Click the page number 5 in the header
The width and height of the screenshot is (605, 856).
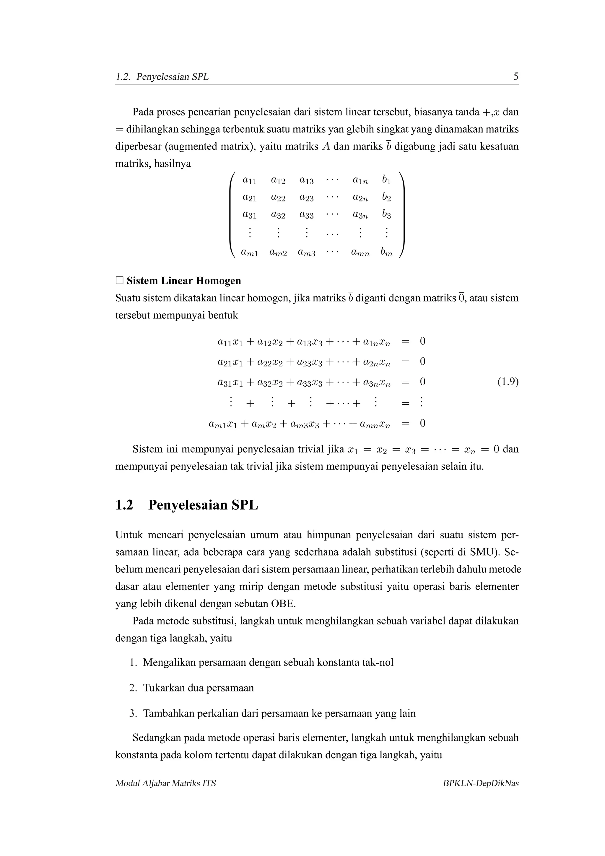[515, 77]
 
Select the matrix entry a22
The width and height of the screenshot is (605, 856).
[278, 198]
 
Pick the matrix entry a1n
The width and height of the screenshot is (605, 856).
[360, 180]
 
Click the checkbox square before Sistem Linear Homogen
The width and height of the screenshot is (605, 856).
[119, 280]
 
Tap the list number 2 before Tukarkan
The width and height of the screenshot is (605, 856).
[133, 688]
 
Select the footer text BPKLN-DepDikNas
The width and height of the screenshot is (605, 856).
[481, 783]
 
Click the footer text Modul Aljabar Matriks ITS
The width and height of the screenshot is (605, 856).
[165, 783]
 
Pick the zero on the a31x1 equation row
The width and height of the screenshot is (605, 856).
[422, 382]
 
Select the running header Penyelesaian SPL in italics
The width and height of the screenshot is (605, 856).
[172, 77]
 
